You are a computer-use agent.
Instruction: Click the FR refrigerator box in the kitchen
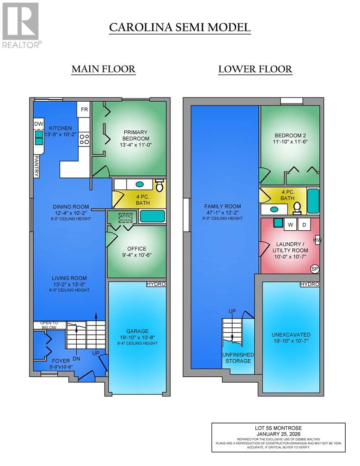[x=85, y=110]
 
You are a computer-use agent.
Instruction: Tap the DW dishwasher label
[x=38, y=124]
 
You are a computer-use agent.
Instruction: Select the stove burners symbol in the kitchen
[x=84, y=139]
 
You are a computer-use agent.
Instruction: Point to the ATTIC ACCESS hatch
[x=125, y=218]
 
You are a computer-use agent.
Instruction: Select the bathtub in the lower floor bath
[x=313, y=200]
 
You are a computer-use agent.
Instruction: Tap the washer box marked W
[x=292, y=225]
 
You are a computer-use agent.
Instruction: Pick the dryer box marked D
[x=304, y=225]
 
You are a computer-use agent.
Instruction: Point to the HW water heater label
[x=317, y=240]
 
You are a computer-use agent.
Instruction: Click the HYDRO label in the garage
[x=156, y=283]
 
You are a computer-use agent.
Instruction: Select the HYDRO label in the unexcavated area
[x=310, y=283]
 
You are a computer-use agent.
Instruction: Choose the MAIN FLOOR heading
[x=103, y=69]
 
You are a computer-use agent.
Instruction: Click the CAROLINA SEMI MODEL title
[x=180, y=27]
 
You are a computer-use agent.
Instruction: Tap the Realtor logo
[x=21, y=25]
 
